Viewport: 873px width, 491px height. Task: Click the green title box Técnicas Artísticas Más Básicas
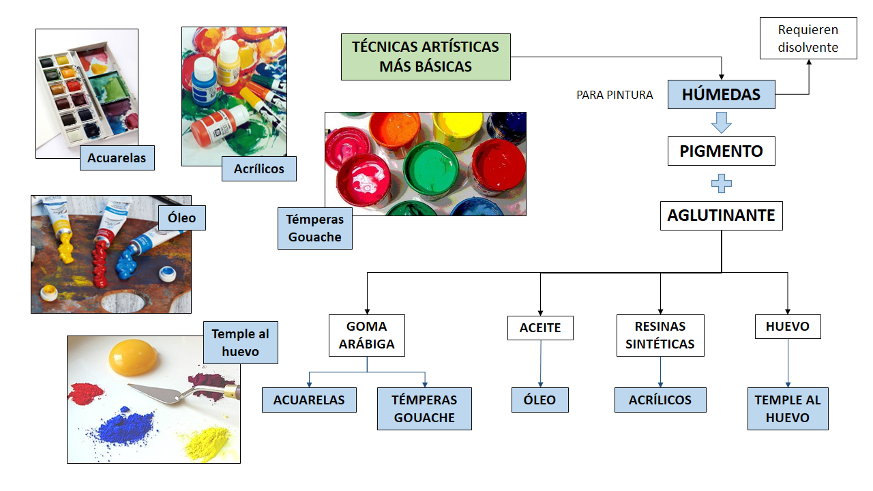pos(426,57)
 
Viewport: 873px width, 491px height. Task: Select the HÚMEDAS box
pos(721,94)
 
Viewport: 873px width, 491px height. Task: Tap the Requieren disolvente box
pos(808,39)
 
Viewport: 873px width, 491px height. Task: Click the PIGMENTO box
pos(721,151)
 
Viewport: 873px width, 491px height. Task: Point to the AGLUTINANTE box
pos(721,215)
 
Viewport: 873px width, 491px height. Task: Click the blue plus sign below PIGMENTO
pos(721,183)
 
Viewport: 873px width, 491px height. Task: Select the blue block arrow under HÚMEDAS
pos(721,123)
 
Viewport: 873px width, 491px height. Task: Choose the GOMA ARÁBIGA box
pos(366,335)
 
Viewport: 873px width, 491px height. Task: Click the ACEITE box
pos(540,328)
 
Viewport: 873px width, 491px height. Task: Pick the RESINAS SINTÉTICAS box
pos(660,335)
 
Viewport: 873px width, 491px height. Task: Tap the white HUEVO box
pos(788,327)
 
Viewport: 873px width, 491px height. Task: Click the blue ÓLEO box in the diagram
pos(539,400)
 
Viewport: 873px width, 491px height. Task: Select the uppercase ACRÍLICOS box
pos(660,400)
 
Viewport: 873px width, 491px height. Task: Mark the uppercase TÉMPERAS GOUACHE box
pos(424,408)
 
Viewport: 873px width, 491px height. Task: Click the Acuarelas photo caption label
pos(117,158)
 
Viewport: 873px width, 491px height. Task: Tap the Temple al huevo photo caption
pos(240,342)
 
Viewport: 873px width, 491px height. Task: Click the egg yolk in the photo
pos(133,355)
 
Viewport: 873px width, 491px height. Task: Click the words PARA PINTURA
pos(615,95)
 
